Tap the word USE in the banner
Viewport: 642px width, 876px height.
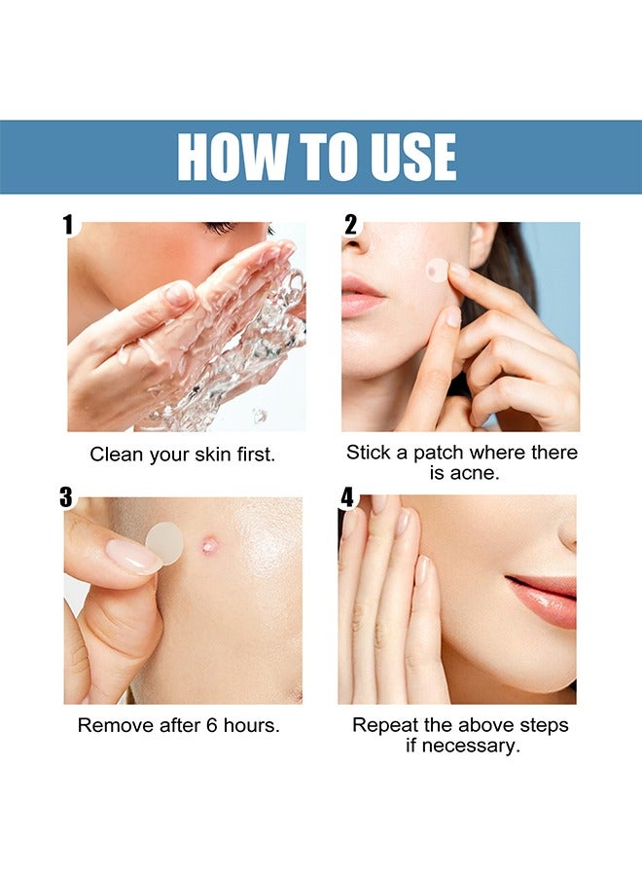click(406, 157)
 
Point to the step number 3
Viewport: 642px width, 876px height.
click(66, 497)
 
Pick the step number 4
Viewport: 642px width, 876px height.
click(347, 497)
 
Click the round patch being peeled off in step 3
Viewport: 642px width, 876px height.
click(164, 541)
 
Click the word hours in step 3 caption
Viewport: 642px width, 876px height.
click(247, 725)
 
